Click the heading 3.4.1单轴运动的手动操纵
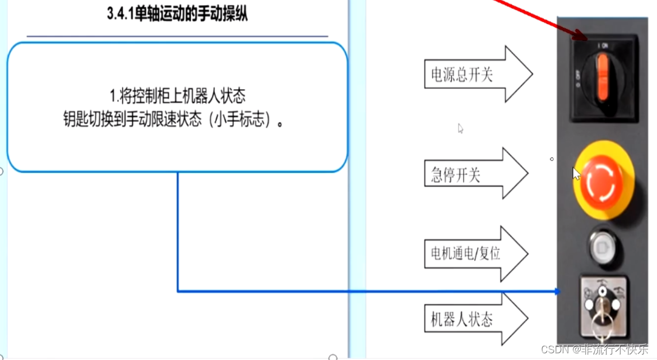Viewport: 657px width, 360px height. click(x=177, y=15)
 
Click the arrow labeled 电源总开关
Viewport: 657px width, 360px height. click(x=476, y=75)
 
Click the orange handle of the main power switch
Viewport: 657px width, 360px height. click(x=602, y=79)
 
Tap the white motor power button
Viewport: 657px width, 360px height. click(x=602, y=246)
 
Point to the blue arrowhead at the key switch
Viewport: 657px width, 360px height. click(x=556, y=291)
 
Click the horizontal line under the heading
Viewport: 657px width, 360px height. click(x=177, y=36)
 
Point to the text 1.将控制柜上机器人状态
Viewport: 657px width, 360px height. click(x=177, y=96)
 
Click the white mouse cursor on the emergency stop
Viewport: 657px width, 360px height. click(x=576, y=173)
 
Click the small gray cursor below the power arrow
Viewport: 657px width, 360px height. click(x=460, y=128)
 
